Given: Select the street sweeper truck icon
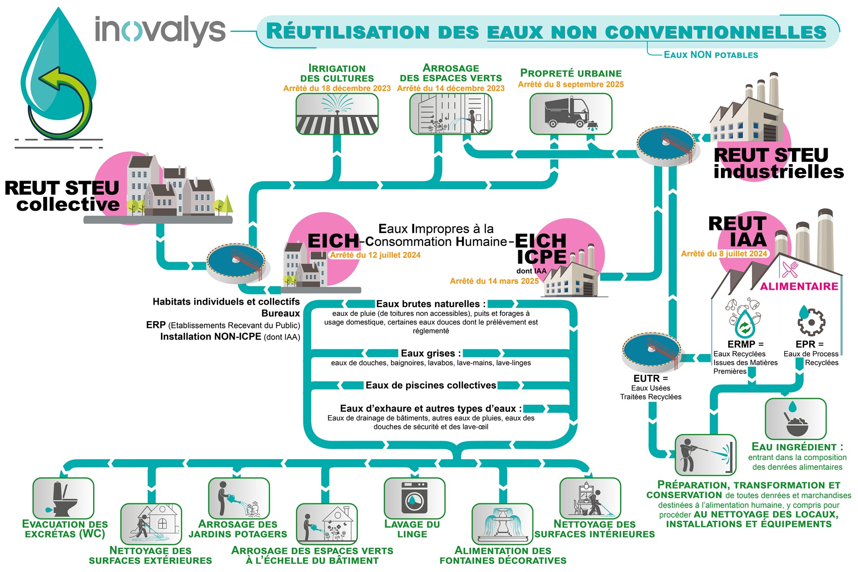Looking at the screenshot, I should click(x=570, y=114).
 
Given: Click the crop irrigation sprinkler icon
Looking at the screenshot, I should click(x=337, y=113).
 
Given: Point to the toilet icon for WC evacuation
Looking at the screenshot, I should click(x=63, y=498).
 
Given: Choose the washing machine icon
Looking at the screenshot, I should click(x=414, y=498).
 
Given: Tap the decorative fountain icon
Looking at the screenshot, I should click(x=502, y=524).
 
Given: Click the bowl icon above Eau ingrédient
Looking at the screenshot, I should click(x=795, y=419).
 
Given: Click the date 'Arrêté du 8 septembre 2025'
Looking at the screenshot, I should click(x=571, y=84).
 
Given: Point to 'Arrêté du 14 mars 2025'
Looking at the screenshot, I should click(x=494, y=281).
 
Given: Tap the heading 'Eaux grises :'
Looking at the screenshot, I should click(x=431, y=353).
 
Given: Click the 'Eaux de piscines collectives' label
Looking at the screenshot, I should click(x=431, y=385).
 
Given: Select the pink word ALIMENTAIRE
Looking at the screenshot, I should click(x=799, y=286).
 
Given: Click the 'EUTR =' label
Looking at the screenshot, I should click(x=650, y=378).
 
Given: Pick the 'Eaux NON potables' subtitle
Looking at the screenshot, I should click(x=711, y=55).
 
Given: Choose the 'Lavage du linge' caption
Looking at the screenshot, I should click(x=412, y=529).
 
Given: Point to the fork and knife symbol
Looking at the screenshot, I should click(x=790, y=269).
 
